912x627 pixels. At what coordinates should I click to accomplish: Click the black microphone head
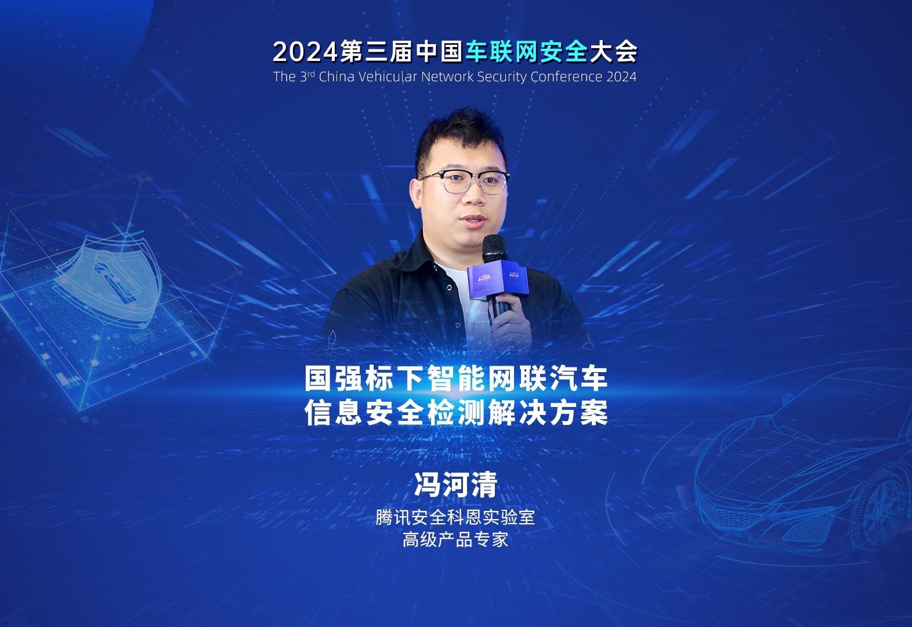495,248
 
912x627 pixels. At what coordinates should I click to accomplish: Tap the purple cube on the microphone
498,279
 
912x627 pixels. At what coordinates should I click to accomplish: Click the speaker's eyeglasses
464,182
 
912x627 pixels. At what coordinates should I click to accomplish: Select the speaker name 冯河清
455,484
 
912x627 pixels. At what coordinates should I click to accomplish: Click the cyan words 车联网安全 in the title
527,52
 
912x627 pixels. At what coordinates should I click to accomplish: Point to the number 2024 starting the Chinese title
305,52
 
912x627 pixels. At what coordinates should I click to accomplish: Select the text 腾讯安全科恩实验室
455,517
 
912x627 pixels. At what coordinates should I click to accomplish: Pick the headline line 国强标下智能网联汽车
456,378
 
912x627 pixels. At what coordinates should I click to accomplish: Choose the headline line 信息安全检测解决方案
456,412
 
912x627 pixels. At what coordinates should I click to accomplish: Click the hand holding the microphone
511,322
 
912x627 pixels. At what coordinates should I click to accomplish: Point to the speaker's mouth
474,221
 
